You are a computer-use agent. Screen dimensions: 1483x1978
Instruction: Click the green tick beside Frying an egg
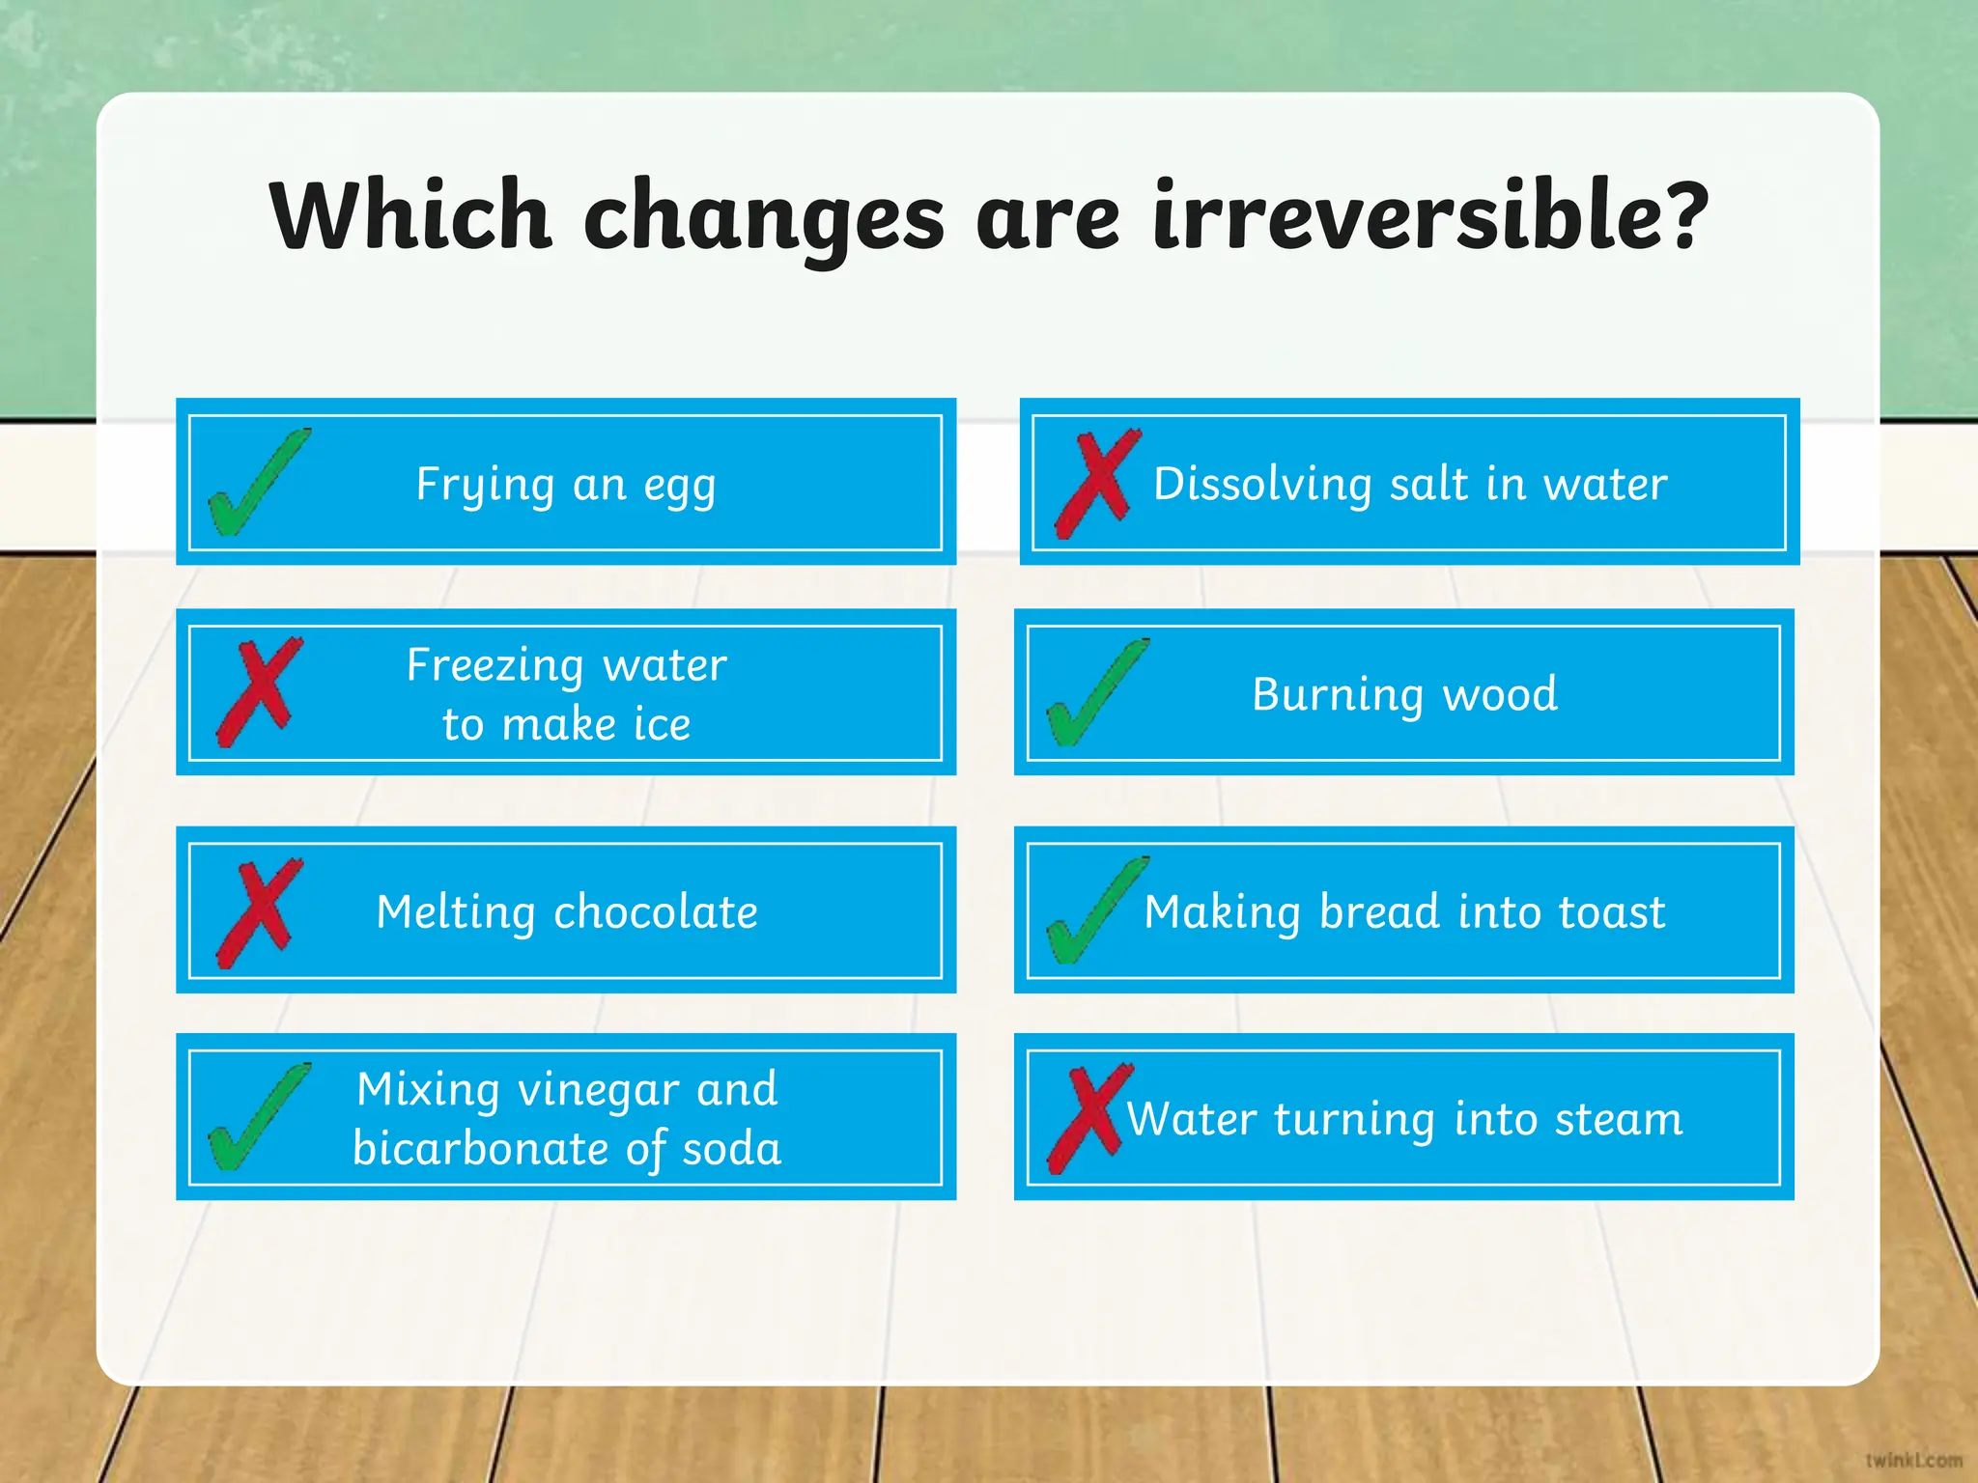(x=256, y=484)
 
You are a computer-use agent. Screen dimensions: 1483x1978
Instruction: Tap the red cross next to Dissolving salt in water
(x=1096, y=484)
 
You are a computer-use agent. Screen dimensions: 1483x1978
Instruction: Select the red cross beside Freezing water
(x=258, y=691)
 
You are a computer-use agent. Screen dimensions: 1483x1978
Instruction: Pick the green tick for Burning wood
(x=1094, y=694)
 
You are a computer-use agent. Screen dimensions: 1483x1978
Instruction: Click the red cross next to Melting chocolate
(x=258, y=913)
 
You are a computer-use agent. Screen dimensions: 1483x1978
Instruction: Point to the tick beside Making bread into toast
(x=1094, y=911)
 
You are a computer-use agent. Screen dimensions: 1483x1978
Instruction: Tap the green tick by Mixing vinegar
(x=256, y=1118)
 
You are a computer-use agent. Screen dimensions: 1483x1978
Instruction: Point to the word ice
(x=662, y=724)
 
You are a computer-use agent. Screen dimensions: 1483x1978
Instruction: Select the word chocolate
(x=656, y=912)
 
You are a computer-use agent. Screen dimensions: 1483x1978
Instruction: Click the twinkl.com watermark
(x=1913, y=1459)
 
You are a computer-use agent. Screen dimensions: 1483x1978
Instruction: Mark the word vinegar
(x=599, y=1091)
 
